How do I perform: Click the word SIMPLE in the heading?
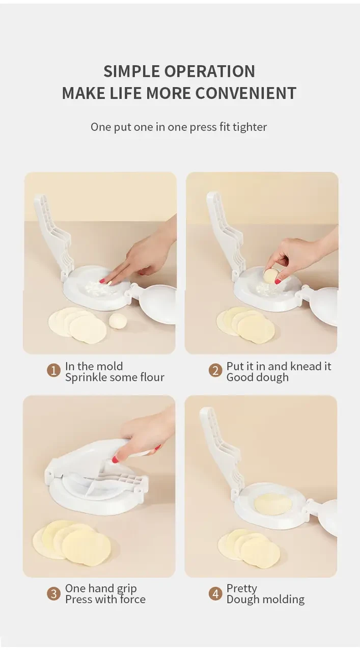click(x=131, y=71)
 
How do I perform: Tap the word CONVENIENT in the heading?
click(x=245, y=93)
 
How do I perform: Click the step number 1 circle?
click(x=53, y=370)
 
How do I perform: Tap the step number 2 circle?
click(x=215, y=370)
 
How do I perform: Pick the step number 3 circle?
click(x=53, y=593)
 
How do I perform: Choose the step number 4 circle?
click(x=215, y=593)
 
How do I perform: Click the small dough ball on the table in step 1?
click(x=118, y=321)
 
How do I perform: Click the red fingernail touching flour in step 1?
click(x=102, y=281)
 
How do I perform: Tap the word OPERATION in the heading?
click(x=210, y=71)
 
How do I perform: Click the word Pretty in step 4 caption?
click(x=242, y=589)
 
